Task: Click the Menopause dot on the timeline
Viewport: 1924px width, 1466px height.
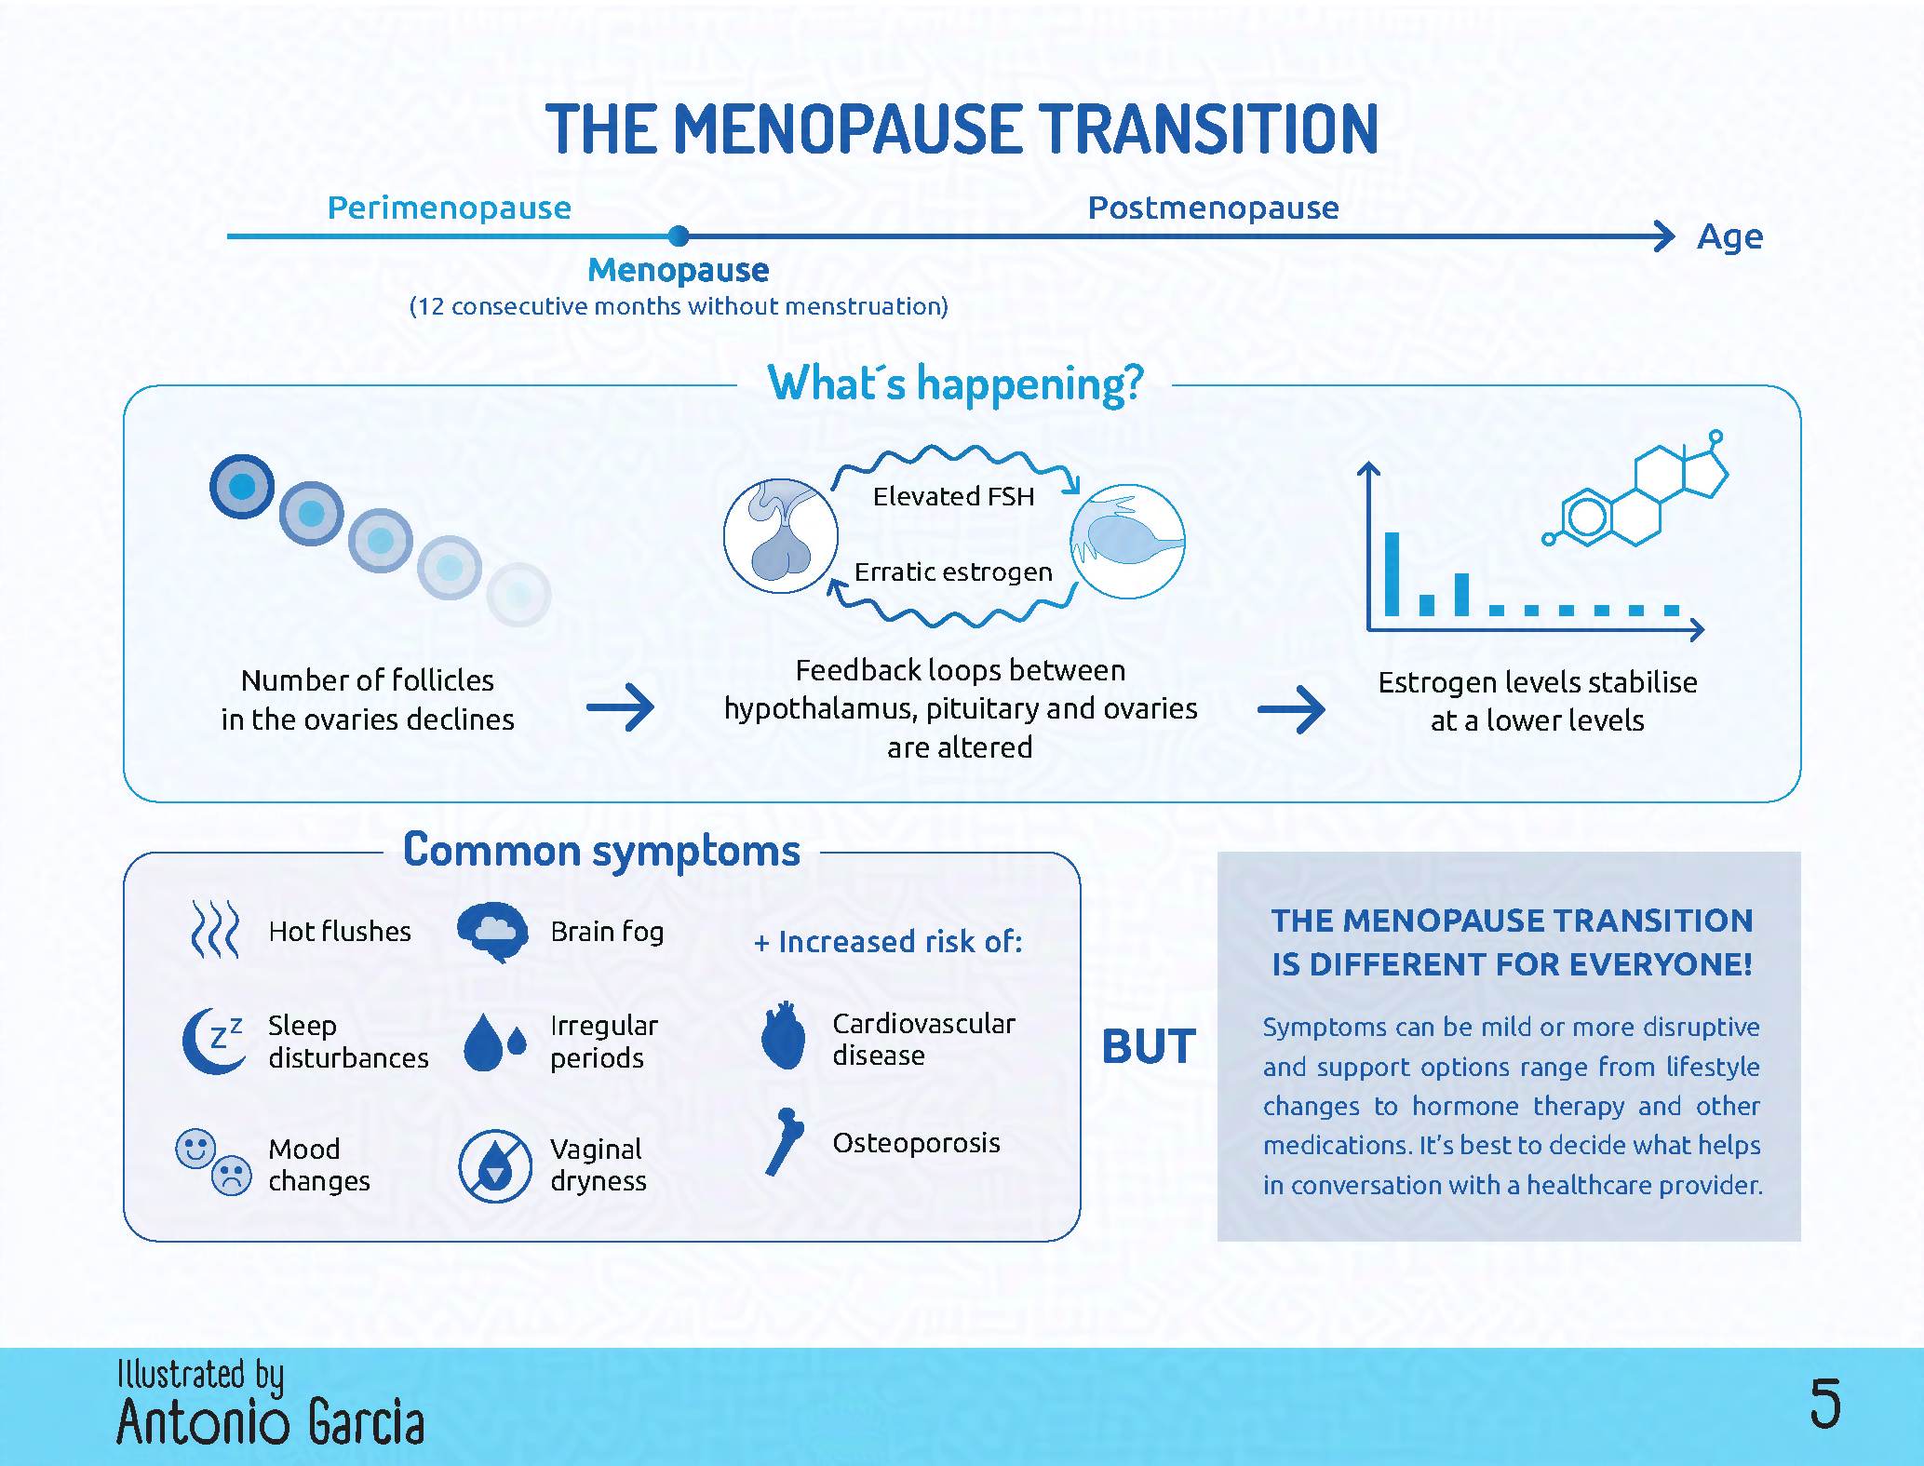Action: click(x=679, y=235)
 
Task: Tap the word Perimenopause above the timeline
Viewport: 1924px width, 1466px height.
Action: click(x=450, y=208)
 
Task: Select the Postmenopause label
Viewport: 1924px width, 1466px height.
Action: click(x=1214, y=208)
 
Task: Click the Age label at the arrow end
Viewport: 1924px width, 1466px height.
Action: click(x=1730, y=238)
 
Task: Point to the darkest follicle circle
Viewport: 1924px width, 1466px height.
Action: click(x=242, y=486)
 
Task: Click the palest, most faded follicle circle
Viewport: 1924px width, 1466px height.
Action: click(x=518, y=595)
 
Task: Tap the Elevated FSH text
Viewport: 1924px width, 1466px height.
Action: click(x=953, y=497)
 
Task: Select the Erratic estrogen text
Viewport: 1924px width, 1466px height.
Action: click(x=953, y=572)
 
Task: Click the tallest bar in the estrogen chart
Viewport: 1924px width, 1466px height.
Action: click(x=1393, y=573)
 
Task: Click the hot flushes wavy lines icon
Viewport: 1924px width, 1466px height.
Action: click(x=215, y=929)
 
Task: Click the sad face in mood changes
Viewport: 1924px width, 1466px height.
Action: click(x=232, y=1176)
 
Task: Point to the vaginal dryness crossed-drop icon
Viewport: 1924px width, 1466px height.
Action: click(x=495, y=1166)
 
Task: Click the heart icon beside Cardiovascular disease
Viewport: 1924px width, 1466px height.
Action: click(x=783, y=1036)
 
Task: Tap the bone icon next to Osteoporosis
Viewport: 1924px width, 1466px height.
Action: click(x=785, y=1142)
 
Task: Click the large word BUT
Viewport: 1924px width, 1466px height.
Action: click(x=1150, y=1046)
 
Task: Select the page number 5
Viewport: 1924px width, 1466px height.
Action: click(x=1825, y=1404)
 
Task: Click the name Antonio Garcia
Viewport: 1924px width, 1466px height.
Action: click(x=271, y=1422)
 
